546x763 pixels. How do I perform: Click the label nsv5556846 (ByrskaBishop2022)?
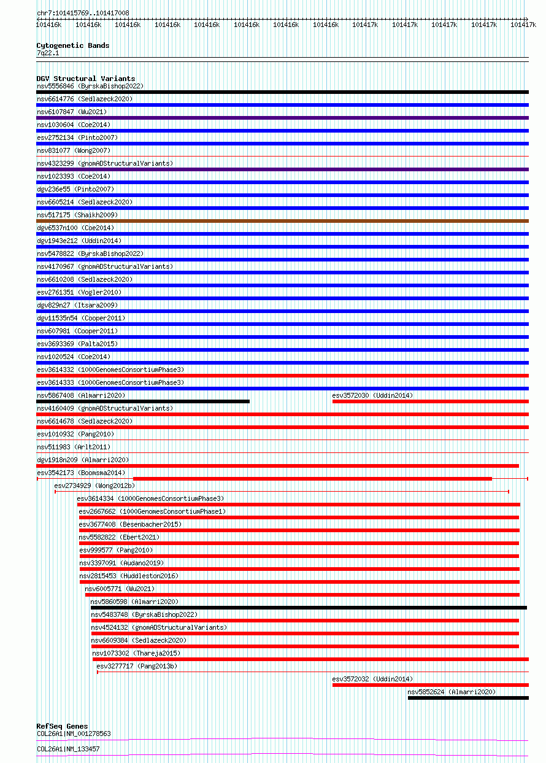tap(90, 86)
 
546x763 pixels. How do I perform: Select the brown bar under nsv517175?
tap(282, 221)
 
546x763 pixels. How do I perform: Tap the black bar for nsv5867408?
tap(143, 401)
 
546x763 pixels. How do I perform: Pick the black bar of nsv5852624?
tap(467, 698)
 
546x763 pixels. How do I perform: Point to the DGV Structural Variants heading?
tap(85, 79)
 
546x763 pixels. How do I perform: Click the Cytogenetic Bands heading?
tap(72, 45)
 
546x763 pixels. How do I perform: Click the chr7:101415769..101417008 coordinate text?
tap(83, 13)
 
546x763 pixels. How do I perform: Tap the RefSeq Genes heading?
tap(62, 726)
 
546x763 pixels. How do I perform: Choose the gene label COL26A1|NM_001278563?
tap(74, 734)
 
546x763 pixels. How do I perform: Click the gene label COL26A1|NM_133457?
tap(68, 749)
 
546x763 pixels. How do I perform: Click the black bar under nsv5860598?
tap(309, 608)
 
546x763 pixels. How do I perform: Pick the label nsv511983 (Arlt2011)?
tap(74, 447)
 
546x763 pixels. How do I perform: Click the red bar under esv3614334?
tap(298, 505)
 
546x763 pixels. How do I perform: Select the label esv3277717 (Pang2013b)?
tap(136, 666)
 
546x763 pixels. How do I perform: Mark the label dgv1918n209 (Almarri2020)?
tap(83, 460)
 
